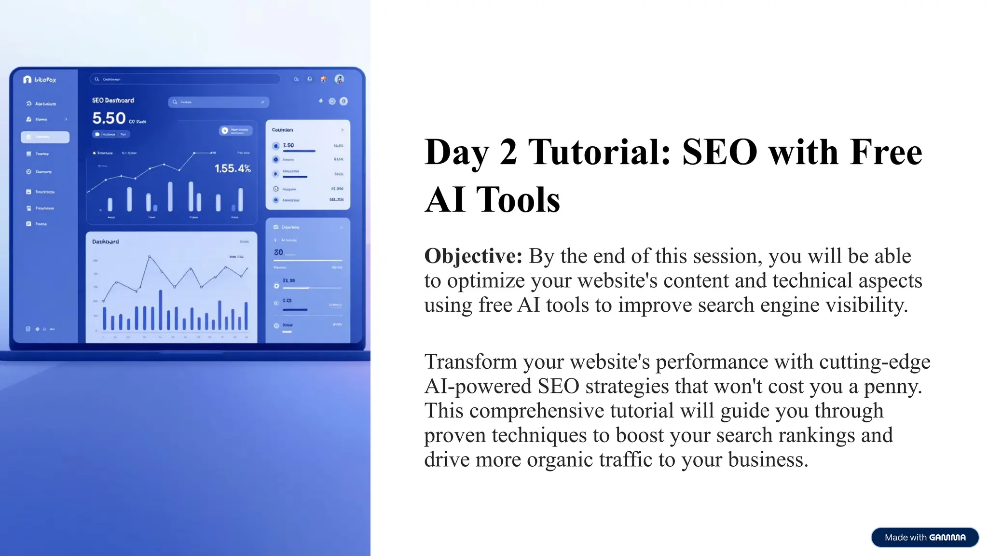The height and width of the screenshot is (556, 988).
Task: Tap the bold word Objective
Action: point(473,256)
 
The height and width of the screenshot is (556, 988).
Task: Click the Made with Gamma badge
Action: point(924,537)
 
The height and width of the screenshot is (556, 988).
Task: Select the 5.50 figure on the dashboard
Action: point(109,118)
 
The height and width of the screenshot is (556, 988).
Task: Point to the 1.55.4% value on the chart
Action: point(233,168)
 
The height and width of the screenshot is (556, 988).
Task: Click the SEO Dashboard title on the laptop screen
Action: point(113,100)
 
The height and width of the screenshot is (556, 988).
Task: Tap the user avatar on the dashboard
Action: point(339,79)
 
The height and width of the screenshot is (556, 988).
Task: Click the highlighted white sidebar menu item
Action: point(45,137)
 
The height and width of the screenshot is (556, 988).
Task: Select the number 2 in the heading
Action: point(508,152)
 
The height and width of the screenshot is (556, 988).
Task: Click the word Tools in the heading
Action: point(518,200)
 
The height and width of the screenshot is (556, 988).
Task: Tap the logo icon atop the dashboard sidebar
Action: point(27,80)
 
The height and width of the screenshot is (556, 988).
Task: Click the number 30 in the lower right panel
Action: point(278,252)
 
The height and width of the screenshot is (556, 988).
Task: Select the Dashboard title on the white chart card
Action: point(105,241)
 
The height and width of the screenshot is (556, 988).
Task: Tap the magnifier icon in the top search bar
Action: point(96,79)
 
